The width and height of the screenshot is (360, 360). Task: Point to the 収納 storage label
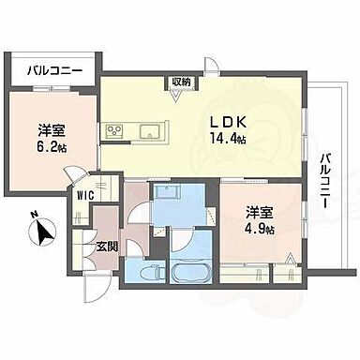(181, 82)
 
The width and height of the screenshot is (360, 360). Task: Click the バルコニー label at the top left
(53, 69)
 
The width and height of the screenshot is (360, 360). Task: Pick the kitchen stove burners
(116, 130)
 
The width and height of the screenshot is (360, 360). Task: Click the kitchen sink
(149, 129)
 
